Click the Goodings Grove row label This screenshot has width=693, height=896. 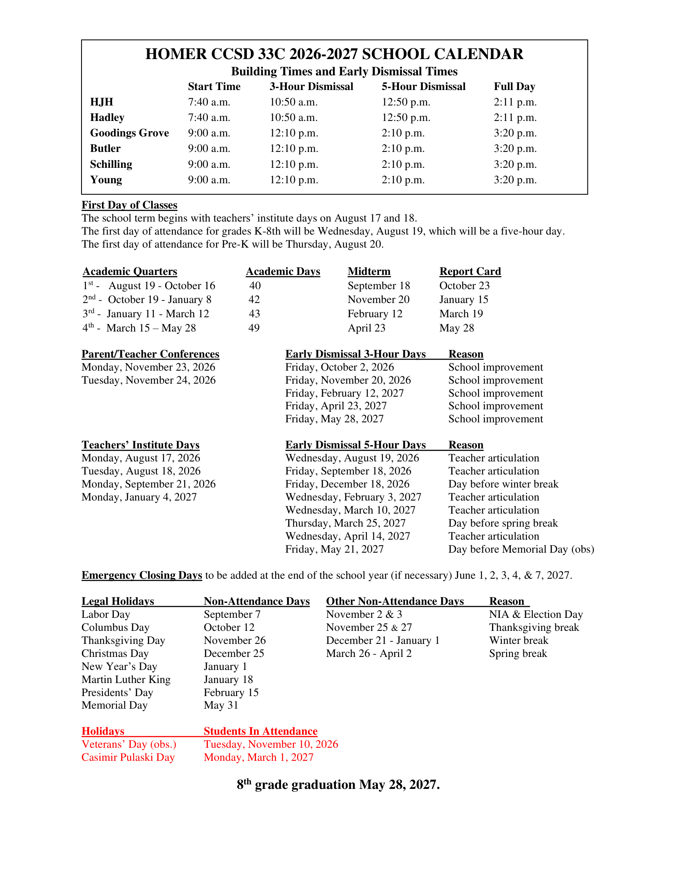point(129,133)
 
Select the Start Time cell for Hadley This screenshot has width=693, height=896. point(209,118)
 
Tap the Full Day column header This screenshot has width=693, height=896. point(514,87)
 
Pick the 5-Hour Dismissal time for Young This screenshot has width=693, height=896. point(403,180)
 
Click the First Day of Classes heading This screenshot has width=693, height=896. point(129,205)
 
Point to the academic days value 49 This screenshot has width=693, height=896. point(254,328)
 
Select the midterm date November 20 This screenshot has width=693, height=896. point(378,300)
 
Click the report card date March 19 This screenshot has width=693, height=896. point(461,314)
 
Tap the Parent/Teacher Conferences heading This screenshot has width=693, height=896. point(150,354)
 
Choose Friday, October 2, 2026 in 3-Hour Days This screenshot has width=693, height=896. point(339,367)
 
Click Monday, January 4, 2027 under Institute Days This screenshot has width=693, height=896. point(139,497)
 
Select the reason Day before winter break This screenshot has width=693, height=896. point(503,484)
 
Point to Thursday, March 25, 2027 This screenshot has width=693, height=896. point(345,523)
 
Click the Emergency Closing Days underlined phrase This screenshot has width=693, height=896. point(141,575)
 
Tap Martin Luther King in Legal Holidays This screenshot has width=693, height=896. point(126,680)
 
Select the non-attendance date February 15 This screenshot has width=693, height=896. point(231,692)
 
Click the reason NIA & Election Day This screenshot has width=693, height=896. point(535,615)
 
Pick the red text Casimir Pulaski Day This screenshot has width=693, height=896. point(128,758)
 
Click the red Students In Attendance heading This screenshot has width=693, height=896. point(260,731)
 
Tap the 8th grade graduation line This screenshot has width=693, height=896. point(338,785)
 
